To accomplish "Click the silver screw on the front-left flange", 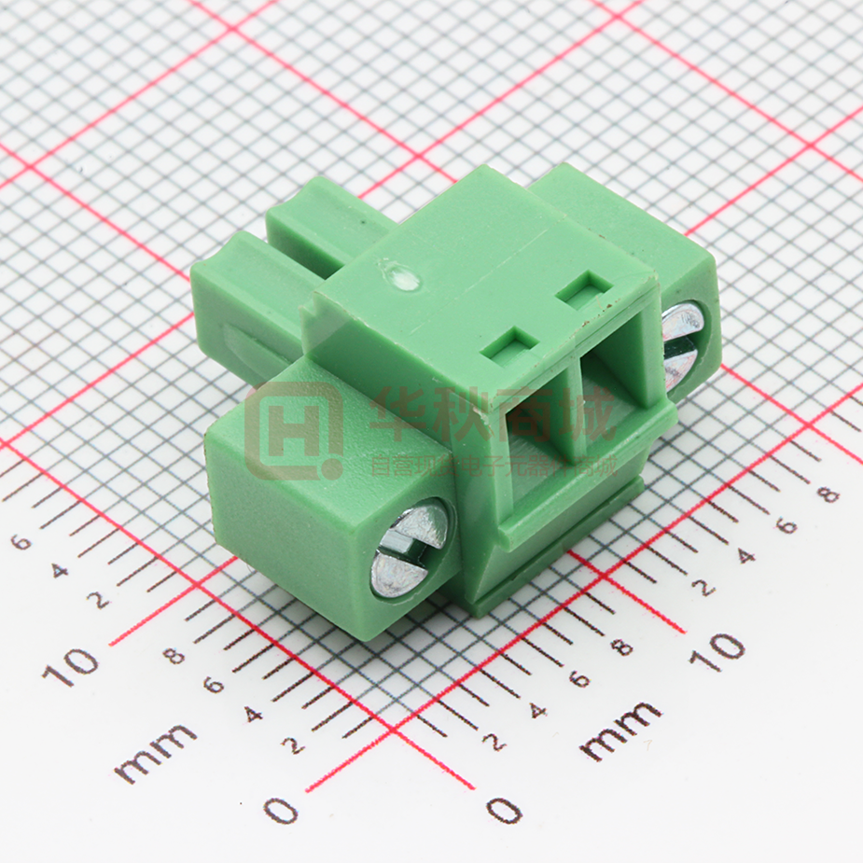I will [410, 549].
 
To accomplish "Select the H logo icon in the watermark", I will [291, 430].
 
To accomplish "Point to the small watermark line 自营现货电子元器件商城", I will [494, 465].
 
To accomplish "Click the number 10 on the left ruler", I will [70, 664].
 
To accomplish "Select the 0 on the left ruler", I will [281, 809].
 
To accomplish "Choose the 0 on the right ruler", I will [505, 809].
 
